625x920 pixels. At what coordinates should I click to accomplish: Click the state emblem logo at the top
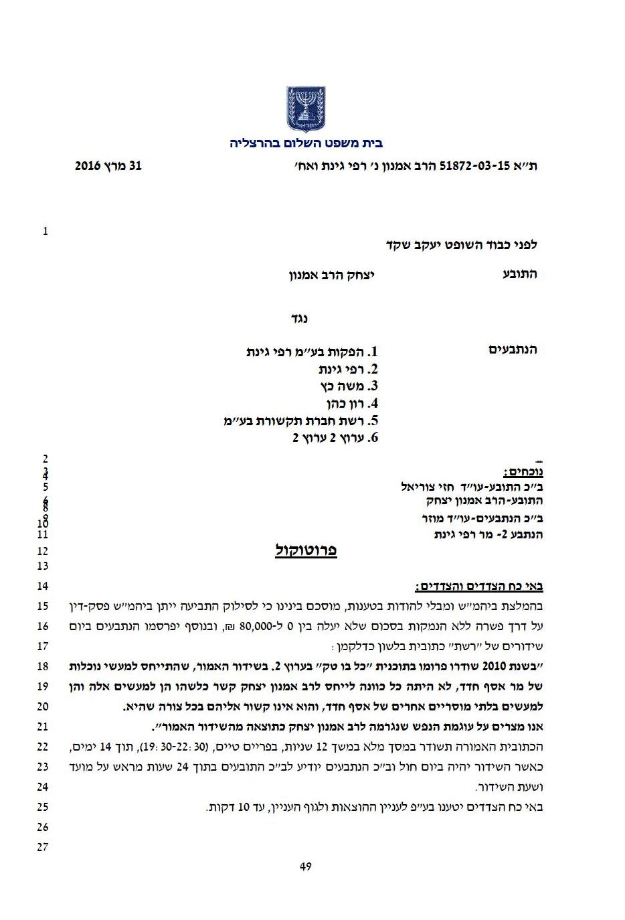pos(306,109)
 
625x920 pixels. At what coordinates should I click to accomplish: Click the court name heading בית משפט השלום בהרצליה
pos(306,143)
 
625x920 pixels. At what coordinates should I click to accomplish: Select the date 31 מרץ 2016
pos(108,165)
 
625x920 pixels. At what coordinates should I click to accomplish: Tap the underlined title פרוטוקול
pos(306,550)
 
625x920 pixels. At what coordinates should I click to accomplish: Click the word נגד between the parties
pos(298,318)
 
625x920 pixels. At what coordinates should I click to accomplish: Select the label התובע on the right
pos(519,274)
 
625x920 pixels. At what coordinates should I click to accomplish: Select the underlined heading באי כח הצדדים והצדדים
pos(478,587)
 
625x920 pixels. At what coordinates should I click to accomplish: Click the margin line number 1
pos(45,232)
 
